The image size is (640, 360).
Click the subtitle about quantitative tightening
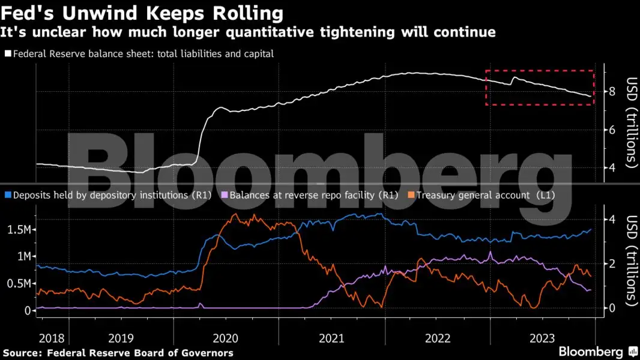(250, 32)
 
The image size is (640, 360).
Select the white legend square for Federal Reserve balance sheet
(8, 54)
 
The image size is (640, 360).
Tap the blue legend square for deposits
(8, 195)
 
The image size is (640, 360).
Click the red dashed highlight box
(539, 71)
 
